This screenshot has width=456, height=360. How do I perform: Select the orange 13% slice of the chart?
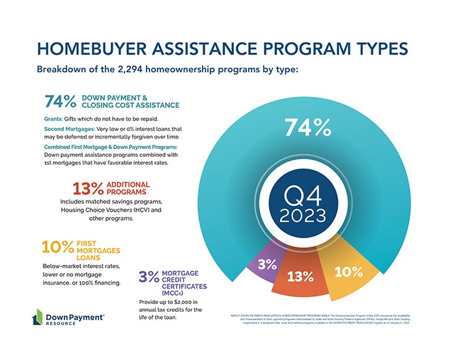300,276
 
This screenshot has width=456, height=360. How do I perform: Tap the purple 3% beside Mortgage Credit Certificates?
149,277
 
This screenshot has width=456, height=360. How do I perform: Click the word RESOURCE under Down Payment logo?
61,324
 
